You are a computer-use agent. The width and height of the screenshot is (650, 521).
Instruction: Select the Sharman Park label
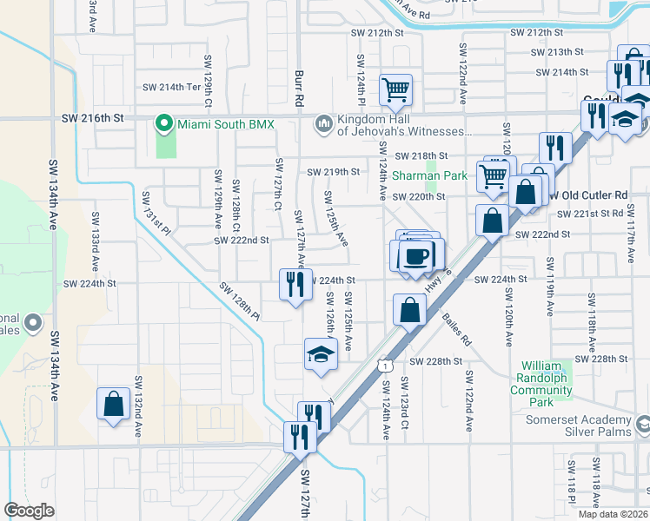pyautogui.click(x=429, y=175)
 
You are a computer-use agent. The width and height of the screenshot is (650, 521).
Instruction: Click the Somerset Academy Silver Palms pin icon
pyautogui.click(x=643, y=425)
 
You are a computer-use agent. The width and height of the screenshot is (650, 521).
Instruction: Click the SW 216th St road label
pyautogui.click(x=93, y=117)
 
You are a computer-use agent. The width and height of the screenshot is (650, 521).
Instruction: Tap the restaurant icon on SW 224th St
pyautogui.click(x=295, y=283)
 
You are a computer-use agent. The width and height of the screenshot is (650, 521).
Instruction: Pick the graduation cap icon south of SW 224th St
pyautogui.click(x=321, y=354)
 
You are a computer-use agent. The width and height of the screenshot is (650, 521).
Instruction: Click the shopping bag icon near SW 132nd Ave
pyautogui.click(x=113, y=404)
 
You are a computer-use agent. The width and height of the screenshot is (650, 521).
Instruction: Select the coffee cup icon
pyautogui.click(x=417, y=256)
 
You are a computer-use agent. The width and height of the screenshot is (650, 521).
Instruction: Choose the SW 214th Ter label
pyautogui.click(x=171, y=87)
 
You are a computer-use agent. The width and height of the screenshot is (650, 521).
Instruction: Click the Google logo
pyautogui.click(x=29, y=510)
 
